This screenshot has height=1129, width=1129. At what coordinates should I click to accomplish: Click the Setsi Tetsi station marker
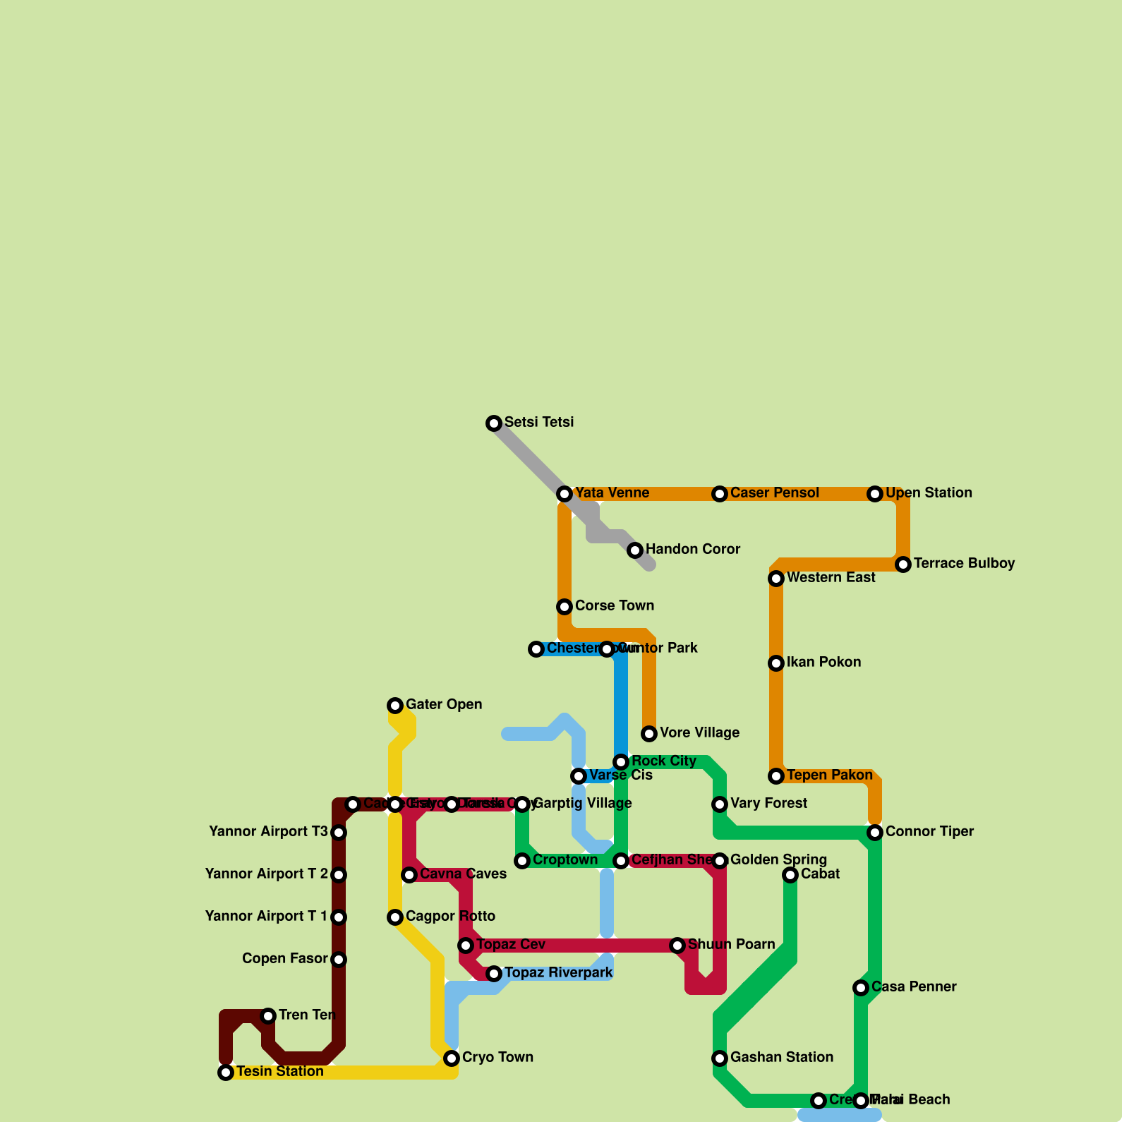click(x=494, y=423)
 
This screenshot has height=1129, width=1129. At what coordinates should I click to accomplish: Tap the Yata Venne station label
click(x=612, y=493)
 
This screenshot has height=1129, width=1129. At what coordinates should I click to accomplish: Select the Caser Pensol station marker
click(x=720, y=494)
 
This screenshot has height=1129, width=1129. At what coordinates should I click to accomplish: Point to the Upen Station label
click(x=929, y=493)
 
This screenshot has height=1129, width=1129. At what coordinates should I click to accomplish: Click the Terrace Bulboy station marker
click(x=903, y=564)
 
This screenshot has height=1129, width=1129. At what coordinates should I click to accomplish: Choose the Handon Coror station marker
click(x=635, y=550)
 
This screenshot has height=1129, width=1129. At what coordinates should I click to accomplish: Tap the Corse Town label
click(x=614, y=606)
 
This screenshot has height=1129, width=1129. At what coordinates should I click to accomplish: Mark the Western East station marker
click(x=776, y=579)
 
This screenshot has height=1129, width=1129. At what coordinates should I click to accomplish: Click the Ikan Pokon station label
click(x=823, y=663)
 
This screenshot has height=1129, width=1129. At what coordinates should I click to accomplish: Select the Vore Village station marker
click(x=649, y=734)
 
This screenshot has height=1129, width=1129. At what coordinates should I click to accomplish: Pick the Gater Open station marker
click(x=395, y=706)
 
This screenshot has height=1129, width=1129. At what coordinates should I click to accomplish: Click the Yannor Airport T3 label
click(x=268, y=832)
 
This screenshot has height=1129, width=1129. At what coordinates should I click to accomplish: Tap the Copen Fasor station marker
click(x=339, y=960)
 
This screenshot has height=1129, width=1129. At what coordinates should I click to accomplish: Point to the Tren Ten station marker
click(x=268, y=1016)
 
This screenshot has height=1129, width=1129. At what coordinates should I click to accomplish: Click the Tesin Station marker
click(x=226, y=1073)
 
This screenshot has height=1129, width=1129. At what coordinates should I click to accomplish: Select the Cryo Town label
click(x=497, y=1058)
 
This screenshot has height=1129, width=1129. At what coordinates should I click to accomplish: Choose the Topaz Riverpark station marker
click(x=494, y=974)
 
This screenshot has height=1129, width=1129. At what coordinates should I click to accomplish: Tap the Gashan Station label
click(x=782, y=1058)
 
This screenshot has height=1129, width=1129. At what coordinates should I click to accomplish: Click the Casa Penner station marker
click(x=861, y=988)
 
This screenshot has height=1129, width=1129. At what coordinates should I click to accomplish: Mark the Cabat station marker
click(x=790, y=875)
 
